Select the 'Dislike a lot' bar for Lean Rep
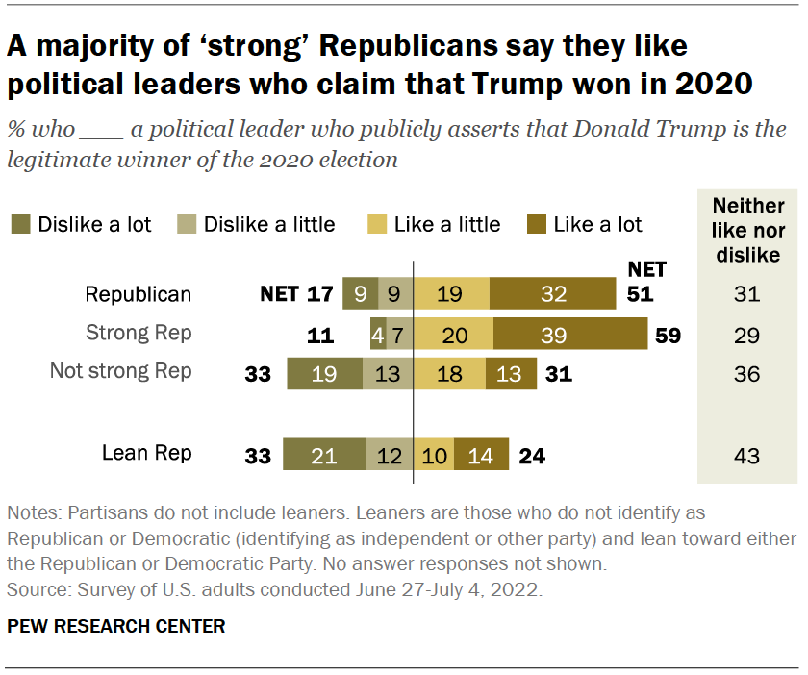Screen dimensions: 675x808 coord(324,455)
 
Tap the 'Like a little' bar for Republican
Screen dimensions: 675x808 coord(451,293)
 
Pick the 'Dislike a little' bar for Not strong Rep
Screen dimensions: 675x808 coord(388,374)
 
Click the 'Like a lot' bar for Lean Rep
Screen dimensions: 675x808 coord(481,455)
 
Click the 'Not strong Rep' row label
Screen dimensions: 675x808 coord(121,372)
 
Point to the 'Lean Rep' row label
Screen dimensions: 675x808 coord(147,453)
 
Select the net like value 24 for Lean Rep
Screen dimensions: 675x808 coord(531,456)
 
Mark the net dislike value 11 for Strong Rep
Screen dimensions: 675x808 coord(320,336)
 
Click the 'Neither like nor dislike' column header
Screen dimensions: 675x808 coord(748,232)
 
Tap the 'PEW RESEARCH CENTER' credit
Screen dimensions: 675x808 coord(116,627)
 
